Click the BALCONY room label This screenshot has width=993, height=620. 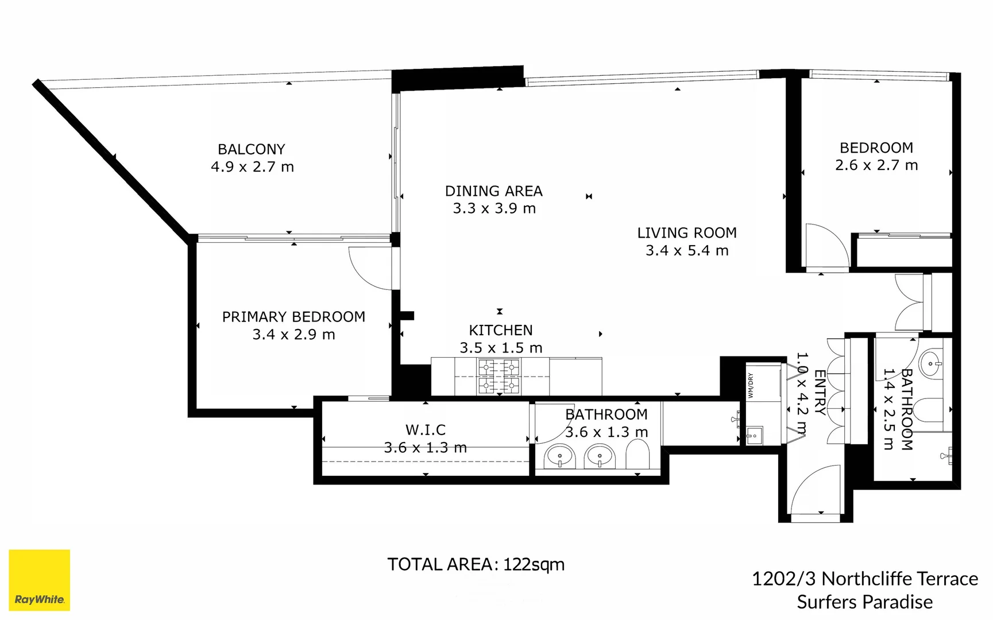[x=251, y=149]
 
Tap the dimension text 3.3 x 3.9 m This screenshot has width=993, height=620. [x=494, y=208]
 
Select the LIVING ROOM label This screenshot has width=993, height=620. [x=686, y=233]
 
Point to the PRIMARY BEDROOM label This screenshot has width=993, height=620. [x=293, y=317]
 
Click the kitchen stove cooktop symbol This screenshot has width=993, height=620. [x=499, y=377]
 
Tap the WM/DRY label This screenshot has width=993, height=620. [x=751, y=385]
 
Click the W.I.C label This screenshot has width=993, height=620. [x=425, y=429]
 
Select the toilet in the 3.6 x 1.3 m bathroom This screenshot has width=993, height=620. [x=637, y=457]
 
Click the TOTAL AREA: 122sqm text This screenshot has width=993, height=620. [x=476, y=564]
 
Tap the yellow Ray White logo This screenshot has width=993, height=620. [x=39, y=580]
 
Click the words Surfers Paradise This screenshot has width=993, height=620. [x=864, y=602]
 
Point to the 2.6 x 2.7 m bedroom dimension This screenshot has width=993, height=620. [x=876, y=165]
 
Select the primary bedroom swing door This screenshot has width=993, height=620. [x=370, y=268]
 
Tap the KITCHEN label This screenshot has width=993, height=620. [x=500, y=330]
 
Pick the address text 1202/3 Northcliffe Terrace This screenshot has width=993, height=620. [x=864, y=579]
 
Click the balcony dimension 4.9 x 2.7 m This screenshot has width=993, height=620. [x=252, y=167]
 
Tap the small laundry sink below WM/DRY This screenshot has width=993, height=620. [x=754, y=436]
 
